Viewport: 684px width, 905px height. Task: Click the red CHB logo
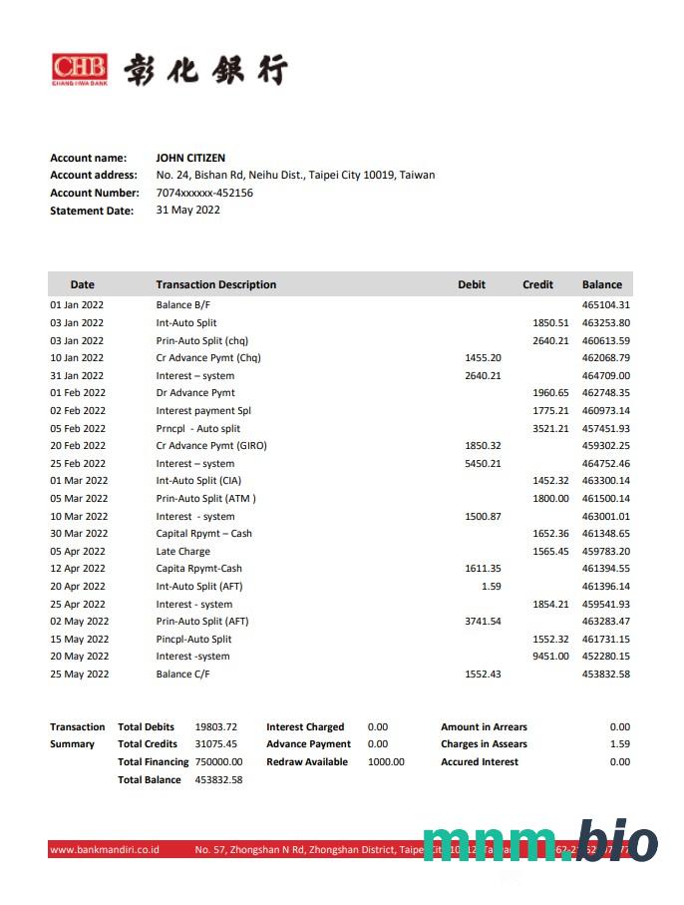coord(79,69)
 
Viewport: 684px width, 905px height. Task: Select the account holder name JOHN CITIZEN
coord(190,158)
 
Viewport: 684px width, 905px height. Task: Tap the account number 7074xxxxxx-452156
coord(204,193)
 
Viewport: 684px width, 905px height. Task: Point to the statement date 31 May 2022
coord(188,210)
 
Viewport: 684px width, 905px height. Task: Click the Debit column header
coord(472,284)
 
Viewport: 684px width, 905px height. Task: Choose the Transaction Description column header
coord(216,284)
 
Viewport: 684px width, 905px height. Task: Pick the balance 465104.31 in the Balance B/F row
coord(606,305)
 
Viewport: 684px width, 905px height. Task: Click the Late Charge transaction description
coord(183,551)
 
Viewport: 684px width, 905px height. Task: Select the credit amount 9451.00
coord(550,657)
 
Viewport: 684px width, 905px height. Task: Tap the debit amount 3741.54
coord(483,622)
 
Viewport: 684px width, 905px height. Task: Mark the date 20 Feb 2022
coord(78,446)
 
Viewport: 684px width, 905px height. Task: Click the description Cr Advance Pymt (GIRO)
coord(211,446)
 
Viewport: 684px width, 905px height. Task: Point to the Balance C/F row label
coord(183,675)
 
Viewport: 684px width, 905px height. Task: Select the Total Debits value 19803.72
coord(216,727)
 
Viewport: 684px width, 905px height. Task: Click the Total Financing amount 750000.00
coord(219,762)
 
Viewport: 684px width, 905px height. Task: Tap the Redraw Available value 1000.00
coord(386,762)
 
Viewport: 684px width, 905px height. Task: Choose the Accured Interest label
coord(480,762)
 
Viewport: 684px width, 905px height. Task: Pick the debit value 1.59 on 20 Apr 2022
coord(491,587)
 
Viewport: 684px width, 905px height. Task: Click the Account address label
coord(94,176)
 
